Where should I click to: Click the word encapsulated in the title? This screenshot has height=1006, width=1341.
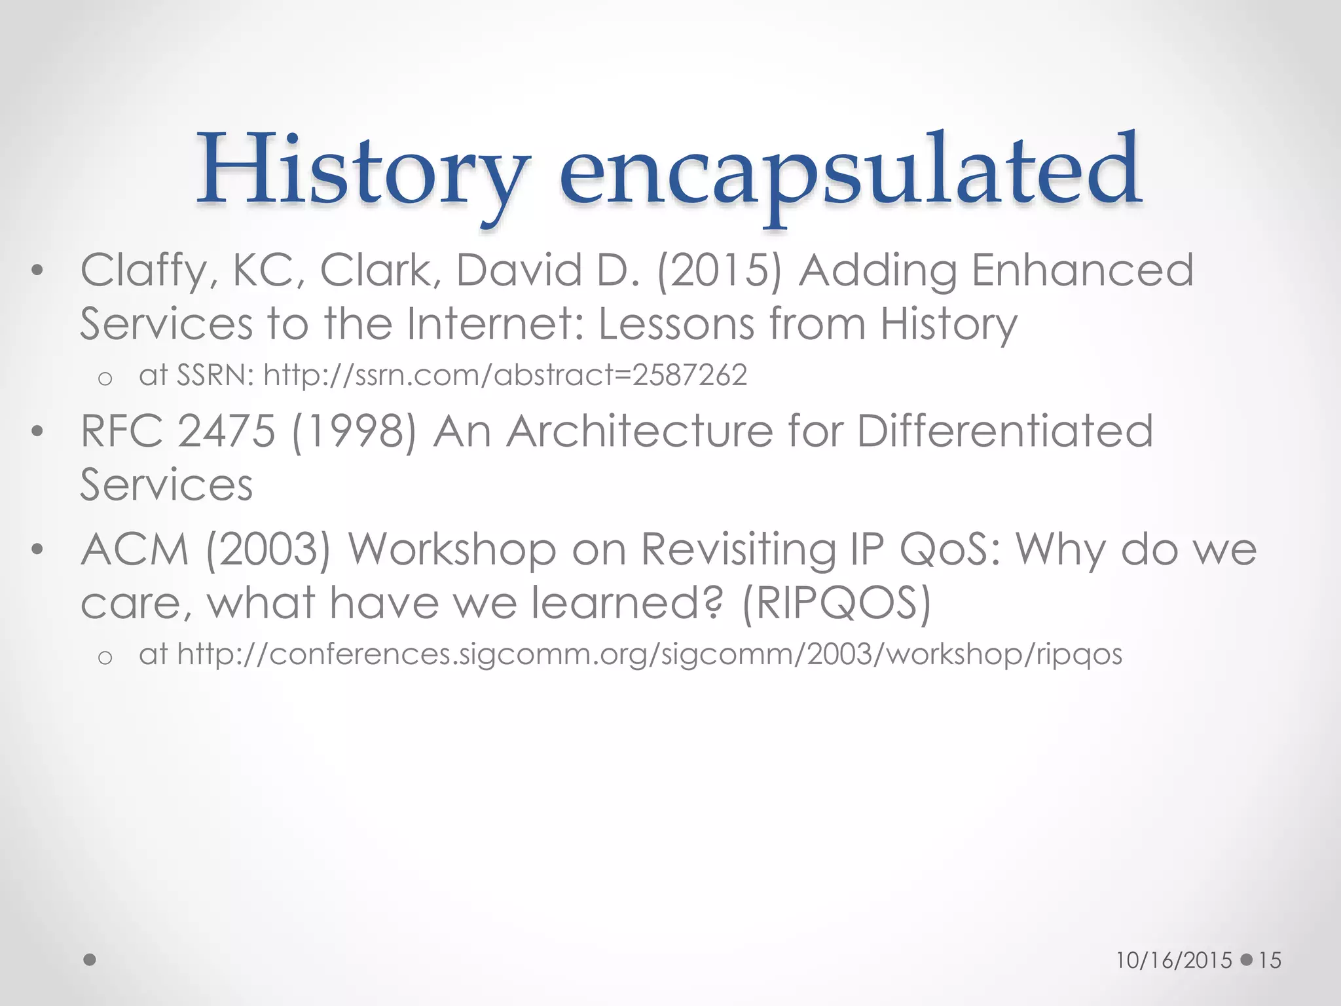pyautogui.click(x=849, y=172)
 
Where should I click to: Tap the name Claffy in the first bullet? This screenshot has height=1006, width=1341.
pyautogui.click(x=143, y=270)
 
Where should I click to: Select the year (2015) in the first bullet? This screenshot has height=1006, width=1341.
pyautogui.click(x=719, y=270)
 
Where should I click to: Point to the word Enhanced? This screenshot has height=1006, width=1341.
pyautogui.click(x=1082, y=270)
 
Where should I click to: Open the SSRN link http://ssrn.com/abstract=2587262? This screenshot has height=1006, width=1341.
pyautogui.click(x=505, y=375)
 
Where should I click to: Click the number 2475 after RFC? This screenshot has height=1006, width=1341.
pyautogui.click(x=226, y=431)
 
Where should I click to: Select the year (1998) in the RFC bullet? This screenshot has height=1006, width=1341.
pyautogui.click(x=354, y=432)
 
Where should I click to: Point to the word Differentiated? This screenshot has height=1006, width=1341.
pyautogui.click(x=1004, y=431)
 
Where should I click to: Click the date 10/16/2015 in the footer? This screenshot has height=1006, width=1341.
pyautogui.click(x=1174, y=960)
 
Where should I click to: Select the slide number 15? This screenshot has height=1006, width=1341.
pyautogui.click(x=1270, y=960)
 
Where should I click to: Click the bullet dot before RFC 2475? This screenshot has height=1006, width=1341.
pyautogui.click(x=37, y=432)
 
